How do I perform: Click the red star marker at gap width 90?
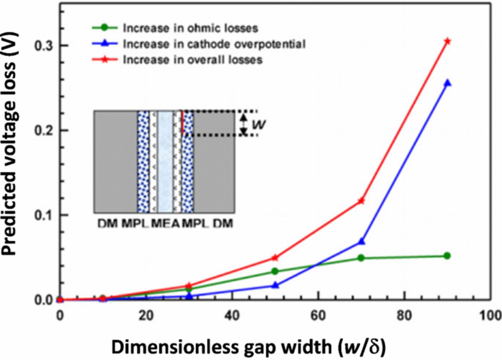447,41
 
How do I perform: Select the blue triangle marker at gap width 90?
447,83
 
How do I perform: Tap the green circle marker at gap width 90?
447,256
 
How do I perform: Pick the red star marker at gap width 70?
361,201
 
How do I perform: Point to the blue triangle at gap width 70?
361,242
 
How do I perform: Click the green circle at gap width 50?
275,271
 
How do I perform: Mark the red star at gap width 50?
275,258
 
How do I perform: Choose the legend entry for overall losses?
192,60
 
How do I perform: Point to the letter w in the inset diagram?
257,124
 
